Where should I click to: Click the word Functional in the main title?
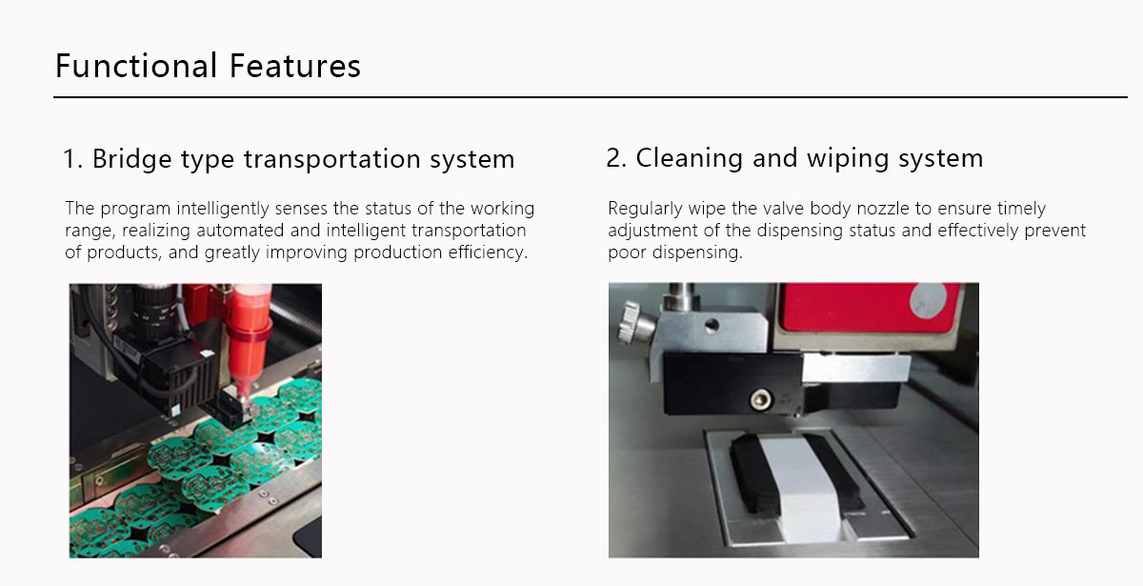136,66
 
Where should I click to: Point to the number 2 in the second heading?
614,158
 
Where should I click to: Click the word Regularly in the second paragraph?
643,208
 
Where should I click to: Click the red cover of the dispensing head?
857,310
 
